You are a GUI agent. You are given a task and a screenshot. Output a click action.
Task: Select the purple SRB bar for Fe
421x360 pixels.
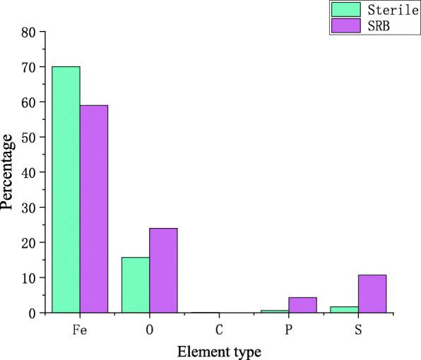pyautogui.click(x=94, y=209)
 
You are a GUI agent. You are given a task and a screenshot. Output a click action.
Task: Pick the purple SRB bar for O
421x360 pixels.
pyautogui.click(x=163, y=270)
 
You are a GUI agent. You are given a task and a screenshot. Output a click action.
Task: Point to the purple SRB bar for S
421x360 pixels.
pyautogui.click(x=372, y=294)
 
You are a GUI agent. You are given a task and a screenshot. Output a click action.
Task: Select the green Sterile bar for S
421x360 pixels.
pyautogui.click(x=345, y=309)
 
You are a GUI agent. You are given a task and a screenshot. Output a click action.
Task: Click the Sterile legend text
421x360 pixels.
pyautogui.click(x=389, y=9)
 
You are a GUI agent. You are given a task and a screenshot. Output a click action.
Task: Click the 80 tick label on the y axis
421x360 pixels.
pyautogui.click(x=29, y=32)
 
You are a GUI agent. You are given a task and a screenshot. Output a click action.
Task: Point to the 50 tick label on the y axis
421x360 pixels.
pyautogui.click(x=29, y=137)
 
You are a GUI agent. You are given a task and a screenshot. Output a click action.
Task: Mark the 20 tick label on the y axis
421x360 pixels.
pyautogui.click(x=29, y=242)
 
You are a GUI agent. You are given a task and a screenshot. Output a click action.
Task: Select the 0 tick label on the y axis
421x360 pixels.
pyautogui.click(x=32, y=313)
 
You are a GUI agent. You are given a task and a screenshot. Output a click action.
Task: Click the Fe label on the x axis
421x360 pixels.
pyautogui.click(x=80, y=328)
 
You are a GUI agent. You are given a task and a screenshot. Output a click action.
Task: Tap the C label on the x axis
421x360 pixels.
pyautogui.click(x=219, y=328)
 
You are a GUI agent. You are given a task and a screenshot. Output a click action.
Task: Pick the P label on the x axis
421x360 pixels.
pyautogui.click(x=289, y=328)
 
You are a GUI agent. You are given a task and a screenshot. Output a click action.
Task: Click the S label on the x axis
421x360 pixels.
pyautogui.click(x=358, y=328)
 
